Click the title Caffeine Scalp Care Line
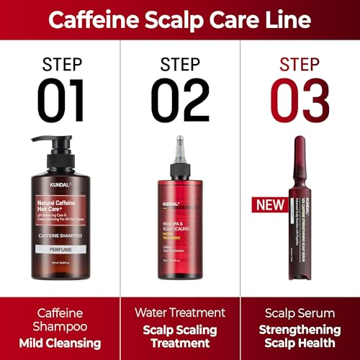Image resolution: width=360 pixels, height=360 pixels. [x=180, y=19]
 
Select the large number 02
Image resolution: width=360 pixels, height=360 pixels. [x=180, y=100]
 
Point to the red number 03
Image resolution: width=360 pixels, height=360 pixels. [x=300, y=100]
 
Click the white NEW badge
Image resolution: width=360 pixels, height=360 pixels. [x=269, y=205]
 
